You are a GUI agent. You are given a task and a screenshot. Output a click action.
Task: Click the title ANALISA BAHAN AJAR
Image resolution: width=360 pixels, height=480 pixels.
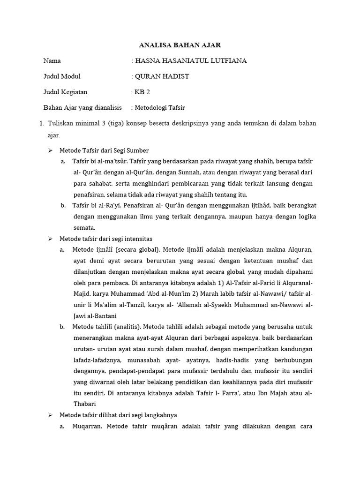(180, 45)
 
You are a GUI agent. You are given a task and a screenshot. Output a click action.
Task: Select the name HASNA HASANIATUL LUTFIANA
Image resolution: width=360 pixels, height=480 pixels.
(190, 60)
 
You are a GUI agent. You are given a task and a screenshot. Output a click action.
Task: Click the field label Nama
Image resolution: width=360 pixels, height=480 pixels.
(52, 60)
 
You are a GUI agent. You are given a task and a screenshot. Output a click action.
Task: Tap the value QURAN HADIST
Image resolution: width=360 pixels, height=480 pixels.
(162, 76)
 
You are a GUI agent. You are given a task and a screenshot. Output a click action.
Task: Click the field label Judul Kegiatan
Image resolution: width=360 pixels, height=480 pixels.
(65, 92)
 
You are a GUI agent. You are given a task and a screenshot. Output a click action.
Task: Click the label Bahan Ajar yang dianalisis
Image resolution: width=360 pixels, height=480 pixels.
(82, 107)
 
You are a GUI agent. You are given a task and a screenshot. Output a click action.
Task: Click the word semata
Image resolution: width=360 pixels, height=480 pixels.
(84, 228)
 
